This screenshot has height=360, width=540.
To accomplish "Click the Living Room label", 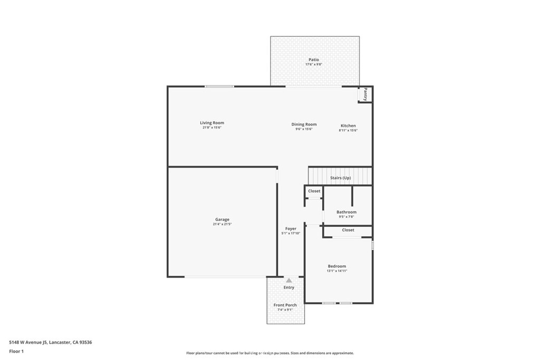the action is pos(212,123).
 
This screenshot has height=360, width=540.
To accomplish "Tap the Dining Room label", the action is pos(304,124).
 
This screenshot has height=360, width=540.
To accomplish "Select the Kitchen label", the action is pos(348,126).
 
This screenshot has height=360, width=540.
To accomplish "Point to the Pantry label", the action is pos(365,94).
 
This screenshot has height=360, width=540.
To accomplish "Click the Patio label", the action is pos(314,60).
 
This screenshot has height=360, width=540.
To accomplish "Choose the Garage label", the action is pos(222,220).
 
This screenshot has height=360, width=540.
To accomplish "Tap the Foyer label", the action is pos(291,229).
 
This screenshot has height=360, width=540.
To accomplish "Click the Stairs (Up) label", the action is pos(341,178).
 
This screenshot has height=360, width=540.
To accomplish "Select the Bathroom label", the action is pos(346,212).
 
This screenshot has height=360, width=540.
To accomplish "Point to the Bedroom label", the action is pos(337,266).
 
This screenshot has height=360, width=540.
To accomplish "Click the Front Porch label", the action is pos(285,305).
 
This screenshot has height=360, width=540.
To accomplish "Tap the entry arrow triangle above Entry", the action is pos(289,280).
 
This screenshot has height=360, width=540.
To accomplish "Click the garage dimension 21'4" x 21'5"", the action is pos(222,225).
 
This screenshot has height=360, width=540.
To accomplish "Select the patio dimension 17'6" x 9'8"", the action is pos(314,64).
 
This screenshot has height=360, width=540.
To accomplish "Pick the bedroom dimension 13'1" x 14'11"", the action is pos(337,271).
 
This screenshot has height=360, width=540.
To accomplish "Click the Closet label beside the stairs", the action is pos(314,191).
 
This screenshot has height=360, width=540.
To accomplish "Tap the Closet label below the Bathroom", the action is pos(348,230).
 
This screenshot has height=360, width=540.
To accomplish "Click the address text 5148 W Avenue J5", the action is pos(28,343).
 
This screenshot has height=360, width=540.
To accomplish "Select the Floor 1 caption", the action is pos(16,352).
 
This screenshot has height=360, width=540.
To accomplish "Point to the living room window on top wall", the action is pos(220,86).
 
